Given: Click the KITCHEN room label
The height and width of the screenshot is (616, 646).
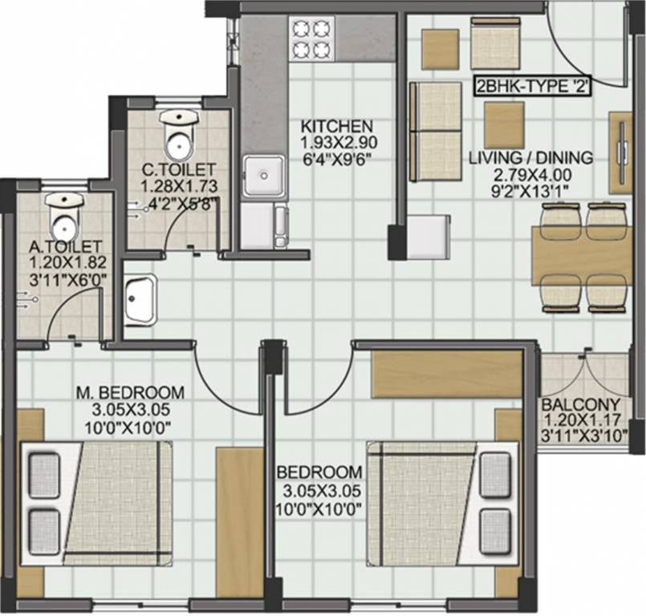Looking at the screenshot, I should click(336, 127).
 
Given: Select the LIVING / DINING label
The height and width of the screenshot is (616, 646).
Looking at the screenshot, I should click(530, 158).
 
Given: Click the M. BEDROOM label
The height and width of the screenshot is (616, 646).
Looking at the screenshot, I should click(130, 393).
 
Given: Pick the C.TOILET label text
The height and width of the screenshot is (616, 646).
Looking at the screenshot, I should click(178, 169).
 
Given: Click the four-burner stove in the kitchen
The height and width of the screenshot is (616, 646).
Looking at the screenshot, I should click(311, 38).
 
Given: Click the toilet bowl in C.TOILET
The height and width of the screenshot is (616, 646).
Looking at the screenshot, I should click(177, 136).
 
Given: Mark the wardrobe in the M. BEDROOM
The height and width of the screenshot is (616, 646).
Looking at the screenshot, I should click(239, 522).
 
